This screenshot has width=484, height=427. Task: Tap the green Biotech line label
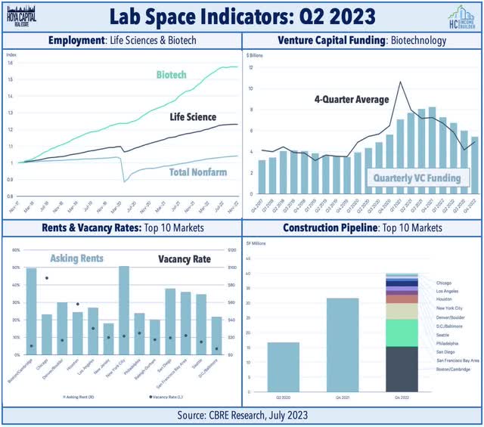pos(172,76)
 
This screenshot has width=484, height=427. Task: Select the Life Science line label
pos(191,116)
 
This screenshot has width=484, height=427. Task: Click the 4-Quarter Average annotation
pos(353,99)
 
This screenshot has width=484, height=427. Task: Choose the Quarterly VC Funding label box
pos(418,179)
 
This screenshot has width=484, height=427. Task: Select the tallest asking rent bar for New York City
pos(124,309)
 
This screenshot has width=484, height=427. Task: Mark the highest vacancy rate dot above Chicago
pos(47,278)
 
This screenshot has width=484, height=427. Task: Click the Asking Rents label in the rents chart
pos(76,258)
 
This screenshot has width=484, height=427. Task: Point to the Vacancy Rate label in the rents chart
pos(184,258)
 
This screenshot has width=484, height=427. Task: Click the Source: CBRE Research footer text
pos(242,415)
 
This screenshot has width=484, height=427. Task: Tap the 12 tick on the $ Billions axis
pos(250,67)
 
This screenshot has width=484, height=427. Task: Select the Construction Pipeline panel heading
pos(362,227)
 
